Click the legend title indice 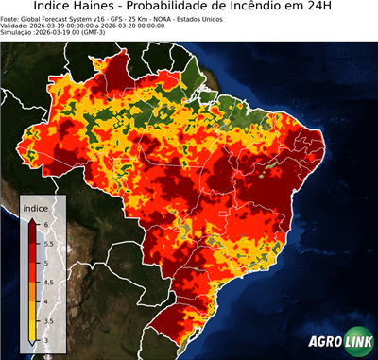pos(35,207)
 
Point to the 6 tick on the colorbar pos(48,223)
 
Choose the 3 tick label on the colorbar pos(48,340)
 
